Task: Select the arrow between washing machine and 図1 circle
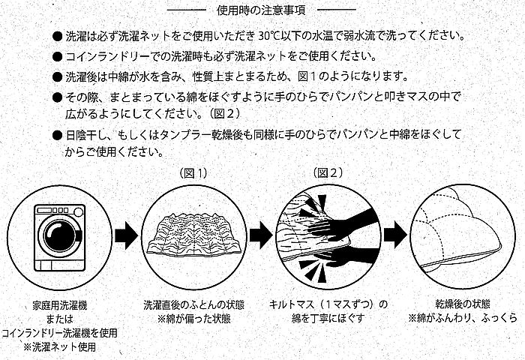pos(124,235)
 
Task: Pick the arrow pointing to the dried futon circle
pos(394,235)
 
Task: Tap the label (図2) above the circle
pos(327,172)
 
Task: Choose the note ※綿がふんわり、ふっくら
pos(463,318)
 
